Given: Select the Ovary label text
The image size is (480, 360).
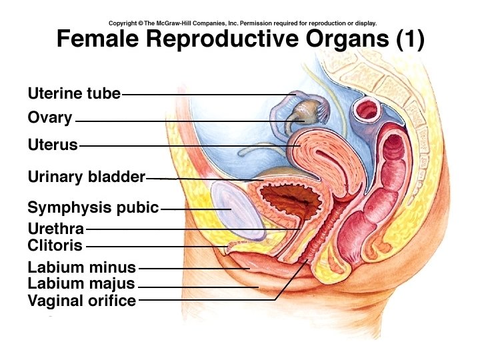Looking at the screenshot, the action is click(x=50, y=118).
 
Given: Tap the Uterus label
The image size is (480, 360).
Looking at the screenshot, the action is click(x=53, y=144).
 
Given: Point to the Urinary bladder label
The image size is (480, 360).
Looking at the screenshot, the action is click(x=86, y=177).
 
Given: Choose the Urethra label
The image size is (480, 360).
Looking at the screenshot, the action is click(x=55, y=229).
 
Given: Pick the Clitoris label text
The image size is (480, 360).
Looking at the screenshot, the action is click(x=55, y=245).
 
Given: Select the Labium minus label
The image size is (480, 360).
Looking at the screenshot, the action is click(x=81, y=268).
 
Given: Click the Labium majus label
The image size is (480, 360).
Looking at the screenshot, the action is click(x=81, y=284).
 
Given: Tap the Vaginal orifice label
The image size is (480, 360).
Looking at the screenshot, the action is click(x=81, y=301).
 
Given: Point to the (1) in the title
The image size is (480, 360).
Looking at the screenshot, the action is click(x=409, y=40).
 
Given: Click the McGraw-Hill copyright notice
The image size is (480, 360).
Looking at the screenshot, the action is click(x=243, y=23).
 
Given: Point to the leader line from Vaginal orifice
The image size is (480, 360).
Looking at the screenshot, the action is click(x=207, y=300).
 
